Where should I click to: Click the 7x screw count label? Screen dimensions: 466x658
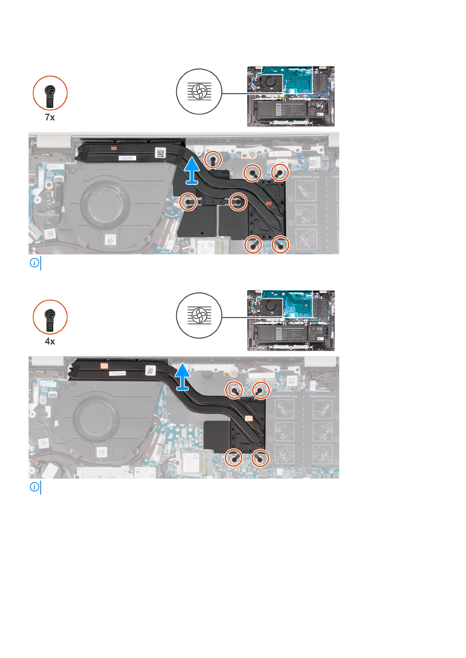(x=50, y=117)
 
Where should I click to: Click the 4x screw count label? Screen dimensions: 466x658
(x=50, y=341)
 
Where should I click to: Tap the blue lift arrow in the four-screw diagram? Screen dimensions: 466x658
(x=182, y=377)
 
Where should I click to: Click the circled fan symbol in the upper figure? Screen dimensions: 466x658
(x=199, y=92)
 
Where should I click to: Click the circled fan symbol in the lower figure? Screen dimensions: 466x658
(x=199, y=316)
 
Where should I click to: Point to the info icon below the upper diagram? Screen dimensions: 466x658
(x=34, y=263)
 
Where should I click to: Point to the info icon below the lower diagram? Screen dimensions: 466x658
(x=34, y=487)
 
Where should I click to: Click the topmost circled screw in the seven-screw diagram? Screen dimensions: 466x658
(x=213, y=159)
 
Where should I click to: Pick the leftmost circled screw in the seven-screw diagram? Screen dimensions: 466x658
(x=188, y=202)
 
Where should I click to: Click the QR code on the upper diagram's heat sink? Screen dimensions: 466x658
(x=160, y=152)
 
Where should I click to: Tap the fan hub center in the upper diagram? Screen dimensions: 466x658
(x=99, y=202)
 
